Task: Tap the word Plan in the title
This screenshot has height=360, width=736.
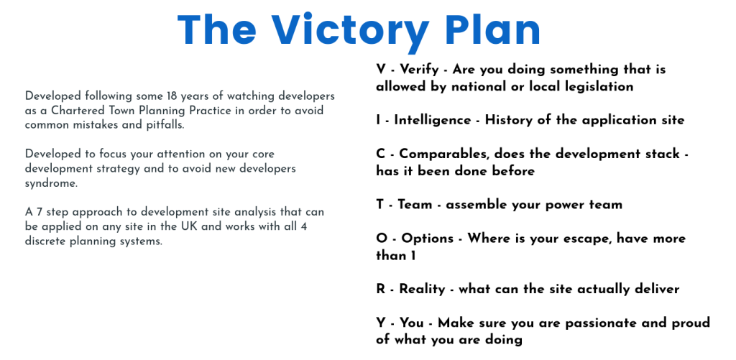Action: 493,30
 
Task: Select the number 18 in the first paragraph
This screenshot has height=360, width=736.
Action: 172,96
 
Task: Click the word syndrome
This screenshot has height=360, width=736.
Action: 51,184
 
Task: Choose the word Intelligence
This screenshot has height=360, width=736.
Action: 432,121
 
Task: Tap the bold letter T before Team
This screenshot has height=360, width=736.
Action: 379,205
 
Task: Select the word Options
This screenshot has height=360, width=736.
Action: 428,239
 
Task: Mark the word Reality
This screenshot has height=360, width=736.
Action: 422,290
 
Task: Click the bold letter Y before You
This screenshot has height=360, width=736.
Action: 380,323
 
